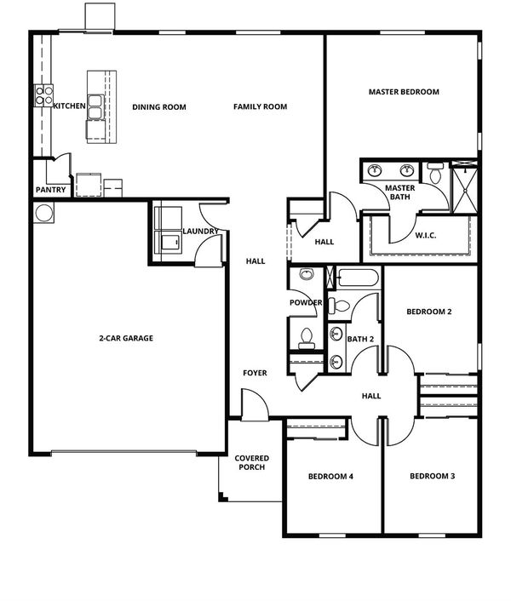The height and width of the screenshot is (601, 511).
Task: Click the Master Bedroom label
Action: pos(404,92)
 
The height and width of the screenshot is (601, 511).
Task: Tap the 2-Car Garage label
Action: pos(126,338)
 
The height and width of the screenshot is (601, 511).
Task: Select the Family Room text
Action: pos(261,106)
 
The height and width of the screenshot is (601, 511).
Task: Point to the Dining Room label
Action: pos(159,107)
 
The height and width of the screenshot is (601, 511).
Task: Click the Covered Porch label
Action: pos(252,462)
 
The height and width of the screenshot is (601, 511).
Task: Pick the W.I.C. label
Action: pos(426,235)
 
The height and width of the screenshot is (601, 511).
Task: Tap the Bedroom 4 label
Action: pos(330,477)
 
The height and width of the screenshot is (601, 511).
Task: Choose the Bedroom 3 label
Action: pos(433,476)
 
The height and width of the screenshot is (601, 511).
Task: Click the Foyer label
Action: pos(255,373)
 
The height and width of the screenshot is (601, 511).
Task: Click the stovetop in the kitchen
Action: pos(44,95)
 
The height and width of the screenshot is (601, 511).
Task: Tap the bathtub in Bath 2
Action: pos(358,278)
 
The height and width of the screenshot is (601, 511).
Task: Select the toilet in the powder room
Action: pos(307,339)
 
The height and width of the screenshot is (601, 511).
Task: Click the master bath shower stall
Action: pos(465,187)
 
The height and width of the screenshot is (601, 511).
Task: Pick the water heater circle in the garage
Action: pos(43,213)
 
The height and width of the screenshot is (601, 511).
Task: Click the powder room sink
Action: pos(307,274)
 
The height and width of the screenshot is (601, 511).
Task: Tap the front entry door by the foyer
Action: pos(255,405)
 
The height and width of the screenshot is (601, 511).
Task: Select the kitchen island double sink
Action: pos(95,107)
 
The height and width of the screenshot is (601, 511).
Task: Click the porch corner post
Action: pos(223,497)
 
